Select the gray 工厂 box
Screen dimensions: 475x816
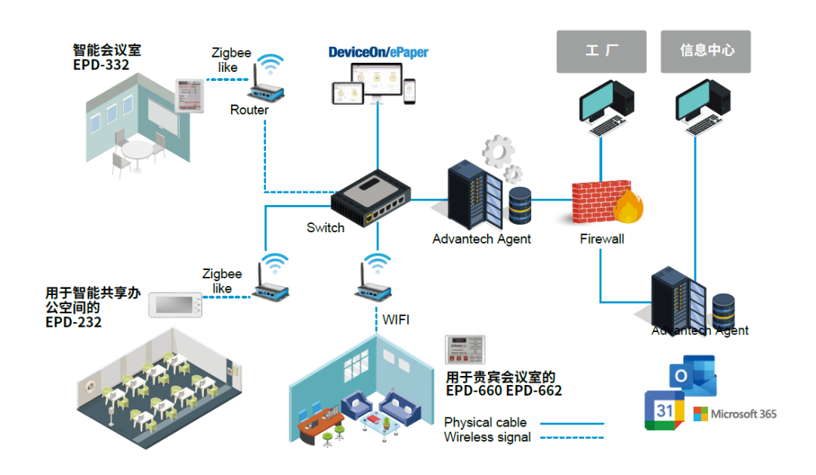[601, 51]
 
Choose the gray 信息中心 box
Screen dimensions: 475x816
[706, 51]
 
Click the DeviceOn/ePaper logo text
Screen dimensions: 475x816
[378, 52]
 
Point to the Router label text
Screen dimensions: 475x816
[249, 110]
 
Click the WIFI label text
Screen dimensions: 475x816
[396, 319]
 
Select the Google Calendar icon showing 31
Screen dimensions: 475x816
[664, 411]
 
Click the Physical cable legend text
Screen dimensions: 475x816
[485, 422]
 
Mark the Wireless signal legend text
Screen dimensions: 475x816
[487, 436]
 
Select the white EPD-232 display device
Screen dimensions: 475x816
[176, 304]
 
